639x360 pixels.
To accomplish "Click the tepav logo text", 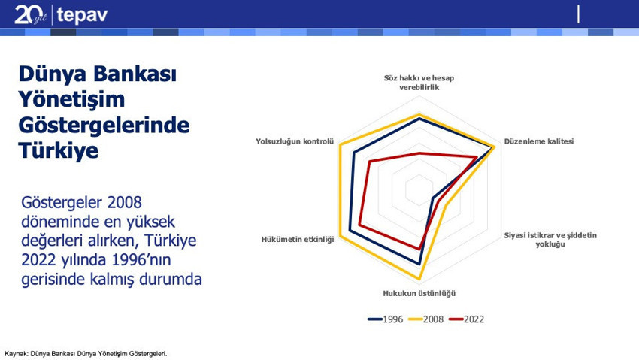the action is pyautogui.click(x=82, y=15).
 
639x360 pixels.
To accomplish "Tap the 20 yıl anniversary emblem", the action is pyautogui.click(x=31, y=15).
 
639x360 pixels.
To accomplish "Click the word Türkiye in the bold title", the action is pyautogui.click(x=59, y=150).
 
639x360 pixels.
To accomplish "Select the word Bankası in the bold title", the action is pyautogui.click(x=135, y=74).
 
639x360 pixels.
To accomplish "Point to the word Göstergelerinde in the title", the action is pyautogui.click(x=104, y=125).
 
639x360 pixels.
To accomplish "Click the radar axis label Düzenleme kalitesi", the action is pyautogui.click(x=539, y=141).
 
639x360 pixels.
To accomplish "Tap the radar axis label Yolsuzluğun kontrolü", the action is pyautogui.click(x=295, y=141).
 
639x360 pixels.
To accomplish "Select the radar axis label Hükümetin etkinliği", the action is pyautogui.click(x=298, y=239).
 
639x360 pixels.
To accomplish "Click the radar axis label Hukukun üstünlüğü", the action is pyautogui.click(x=419, y=293).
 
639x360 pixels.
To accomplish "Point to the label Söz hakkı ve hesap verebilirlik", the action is pyautogui.click(x=419, y=82).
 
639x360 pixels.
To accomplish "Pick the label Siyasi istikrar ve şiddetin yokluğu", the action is pyautogui.click(x=550, y=240).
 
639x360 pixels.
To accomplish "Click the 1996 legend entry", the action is pyautogui.click(x=385, y=319).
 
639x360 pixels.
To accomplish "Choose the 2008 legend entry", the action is pyautogui.click(x=425, y=319).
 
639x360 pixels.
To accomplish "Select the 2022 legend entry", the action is pyautogui.click(x=467, y=319).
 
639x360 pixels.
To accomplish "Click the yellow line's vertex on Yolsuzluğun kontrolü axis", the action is pyautogui.click(x=340, y=144).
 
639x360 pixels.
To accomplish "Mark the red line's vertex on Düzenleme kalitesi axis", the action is pyautogui.click(x=477, y=157).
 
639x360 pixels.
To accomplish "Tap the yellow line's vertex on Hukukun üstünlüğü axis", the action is pyautogui.click(x=419, y=279).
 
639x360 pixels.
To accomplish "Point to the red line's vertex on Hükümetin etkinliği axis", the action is pyautogui.click(x=359, y=225).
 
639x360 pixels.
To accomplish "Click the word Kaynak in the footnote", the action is pyautogui.click(x=16, y=354).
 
